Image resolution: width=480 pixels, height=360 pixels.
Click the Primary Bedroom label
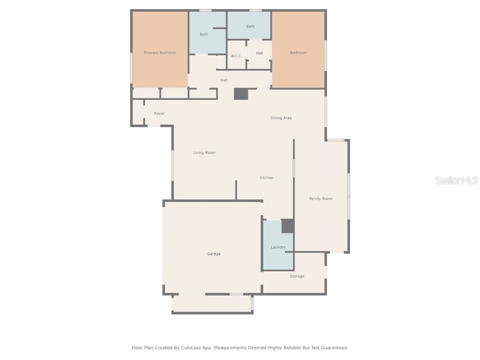point(160,53)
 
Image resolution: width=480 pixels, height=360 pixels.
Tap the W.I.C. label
point(236,56)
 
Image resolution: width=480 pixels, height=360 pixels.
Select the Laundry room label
point(278,247)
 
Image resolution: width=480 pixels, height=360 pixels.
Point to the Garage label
point(214,254)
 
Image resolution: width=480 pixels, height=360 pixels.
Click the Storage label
point(297,277)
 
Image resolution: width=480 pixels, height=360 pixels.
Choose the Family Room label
point(321,199)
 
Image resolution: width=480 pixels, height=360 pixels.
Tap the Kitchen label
point(267,178)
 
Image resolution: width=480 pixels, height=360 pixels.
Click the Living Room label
point(204,153)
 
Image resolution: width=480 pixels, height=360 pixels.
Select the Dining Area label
point(281,118)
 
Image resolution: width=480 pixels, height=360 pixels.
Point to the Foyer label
point(159,113)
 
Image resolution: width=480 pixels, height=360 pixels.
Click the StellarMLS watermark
point(456,180)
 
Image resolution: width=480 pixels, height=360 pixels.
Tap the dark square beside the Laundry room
point(288,226)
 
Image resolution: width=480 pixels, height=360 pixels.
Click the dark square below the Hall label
point(241,94)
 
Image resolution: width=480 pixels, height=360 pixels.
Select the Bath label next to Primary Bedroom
point(204,35)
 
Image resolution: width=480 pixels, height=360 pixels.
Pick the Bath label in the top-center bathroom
point(250,27)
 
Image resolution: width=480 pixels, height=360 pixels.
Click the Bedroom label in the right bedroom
point(298,53)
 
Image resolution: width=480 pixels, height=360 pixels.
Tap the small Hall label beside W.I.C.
point(259,53)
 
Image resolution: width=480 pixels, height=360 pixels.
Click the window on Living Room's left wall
point(172,165)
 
